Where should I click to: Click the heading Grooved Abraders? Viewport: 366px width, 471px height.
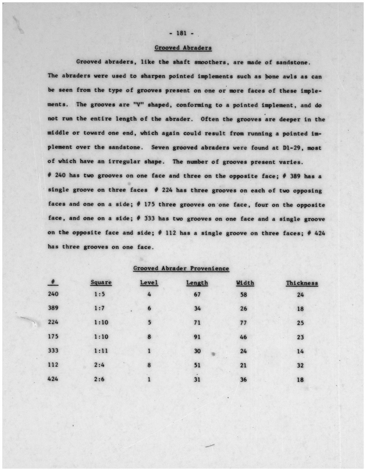pos(183,48)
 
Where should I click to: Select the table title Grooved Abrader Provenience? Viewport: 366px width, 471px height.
pos(181,268)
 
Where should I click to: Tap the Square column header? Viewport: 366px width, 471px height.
pos(101,283)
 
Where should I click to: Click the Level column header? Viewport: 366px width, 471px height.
pos(149,283)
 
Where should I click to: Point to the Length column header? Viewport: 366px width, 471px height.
pos(197,283)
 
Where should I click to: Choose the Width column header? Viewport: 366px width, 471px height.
pos(245,283)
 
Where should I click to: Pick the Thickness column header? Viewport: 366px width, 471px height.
pos(302,283)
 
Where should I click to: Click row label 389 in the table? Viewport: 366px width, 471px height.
pos(53,308)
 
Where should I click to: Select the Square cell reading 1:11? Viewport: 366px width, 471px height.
pos(101,351)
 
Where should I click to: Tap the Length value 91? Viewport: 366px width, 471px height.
pos(197,337)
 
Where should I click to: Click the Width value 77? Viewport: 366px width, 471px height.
pos(243,323)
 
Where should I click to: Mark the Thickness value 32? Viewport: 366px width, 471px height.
pos(300,366)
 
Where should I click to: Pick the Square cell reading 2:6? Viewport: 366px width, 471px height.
pos(99,379)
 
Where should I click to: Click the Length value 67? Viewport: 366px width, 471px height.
pos(197,295)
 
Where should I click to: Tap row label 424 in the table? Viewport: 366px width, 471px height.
pos(53,379)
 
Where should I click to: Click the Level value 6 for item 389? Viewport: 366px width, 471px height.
pos(149,309)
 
